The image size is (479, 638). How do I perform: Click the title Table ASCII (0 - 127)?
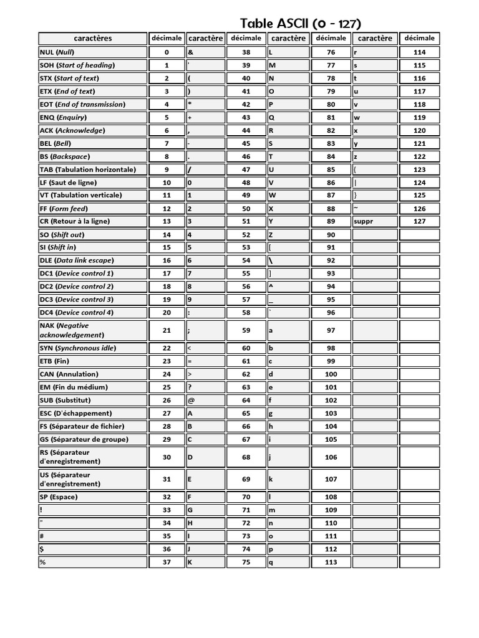point(301,24)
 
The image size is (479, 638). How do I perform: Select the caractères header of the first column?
point(92,39)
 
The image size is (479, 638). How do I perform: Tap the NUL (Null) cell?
point(92,52)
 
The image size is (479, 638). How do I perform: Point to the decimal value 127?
point(419,221)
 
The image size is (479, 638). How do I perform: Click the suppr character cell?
point(374,221)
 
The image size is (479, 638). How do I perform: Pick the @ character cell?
point(205,400)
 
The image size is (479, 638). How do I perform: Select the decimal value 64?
point(246,400)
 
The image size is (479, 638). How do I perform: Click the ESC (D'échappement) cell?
point(92,413)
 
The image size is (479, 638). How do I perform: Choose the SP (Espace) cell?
point(92,497)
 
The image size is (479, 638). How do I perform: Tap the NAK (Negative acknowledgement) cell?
point(92,330)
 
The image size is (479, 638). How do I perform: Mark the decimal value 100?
point(331,374)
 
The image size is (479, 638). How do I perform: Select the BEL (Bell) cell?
point(92,143)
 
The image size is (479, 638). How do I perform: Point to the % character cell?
point(92,562)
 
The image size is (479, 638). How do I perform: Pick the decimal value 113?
point(331,562)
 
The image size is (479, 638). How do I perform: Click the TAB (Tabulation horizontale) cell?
point(92,169)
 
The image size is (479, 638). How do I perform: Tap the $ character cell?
point(92,549)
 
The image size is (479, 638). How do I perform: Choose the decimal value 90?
point(331,234)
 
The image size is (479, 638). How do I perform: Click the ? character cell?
point(205,387)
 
